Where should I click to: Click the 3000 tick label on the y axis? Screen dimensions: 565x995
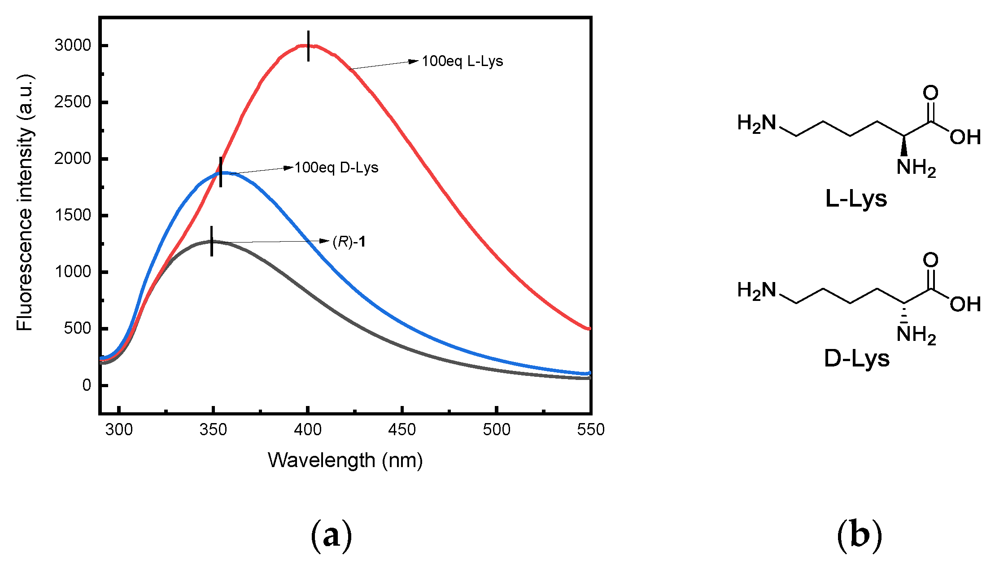(x=73, y=45)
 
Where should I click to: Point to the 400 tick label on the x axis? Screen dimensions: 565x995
(x=308, y=430)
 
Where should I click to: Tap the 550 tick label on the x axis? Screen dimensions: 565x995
(x=590, y=430)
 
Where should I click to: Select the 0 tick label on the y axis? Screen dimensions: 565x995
(x=87, y=385)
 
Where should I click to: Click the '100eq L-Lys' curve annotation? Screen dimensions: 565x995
(x=462, y=61)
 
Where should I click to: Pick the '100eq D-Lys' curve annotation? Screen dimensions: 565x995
(x=336, y=168)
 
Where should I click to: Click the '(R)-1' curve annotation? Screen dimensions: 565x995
(x=349, y=242)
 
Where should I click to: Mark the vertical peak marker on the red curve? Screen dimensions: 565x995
(x=308, y=46)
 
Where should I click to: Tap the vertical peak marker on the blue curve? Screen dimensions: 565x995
(x=220, y=172)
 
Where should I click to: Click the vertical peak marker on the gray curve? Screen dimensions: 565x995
(x=211, y=241)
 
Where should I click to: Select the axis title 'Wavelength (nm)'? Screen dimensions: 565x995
(x=345, y=460)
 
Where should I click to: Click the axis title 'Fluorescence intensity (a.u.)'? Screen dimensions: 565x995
(x=25, y=203)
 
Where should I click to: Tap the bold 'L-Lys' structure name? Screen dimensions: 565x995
(x=856, y=198)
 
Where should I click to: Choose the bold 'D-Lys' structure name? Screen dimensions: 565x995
(x=856, y=358)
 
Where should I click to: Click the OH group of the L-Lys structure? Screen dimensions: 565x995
(x=965, y=137)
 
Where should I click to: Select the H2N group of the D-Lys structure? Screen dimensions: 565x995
(x=756, y=291)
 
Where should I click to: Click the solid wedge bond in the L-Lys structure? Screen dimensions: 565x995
(x=904, y=146)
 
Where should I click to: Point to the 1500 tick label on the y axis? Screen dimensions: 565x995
(x=73, y=215)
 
